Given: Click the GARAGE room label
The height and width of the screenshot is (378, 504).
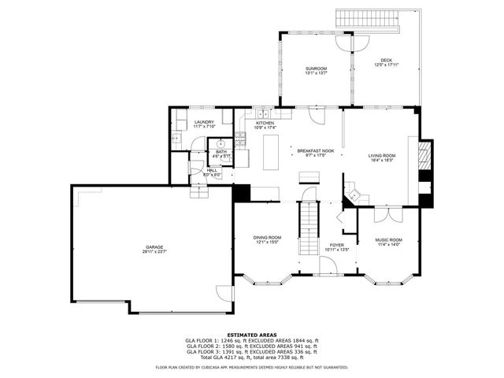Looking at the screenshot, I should (x=153, y=246).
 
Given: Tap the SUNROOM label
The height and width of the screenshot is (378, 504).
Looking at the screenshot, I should (x=317, y=69).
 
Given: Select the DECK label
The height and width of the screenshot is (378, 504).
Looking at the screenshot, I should (x=386, y=60).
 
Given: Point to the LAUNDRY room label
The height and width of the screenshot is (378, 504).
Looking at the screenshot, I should (x=205, y=122).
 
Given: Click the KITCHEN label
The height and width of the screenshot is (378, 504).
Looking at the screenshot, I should (x=265, y=124).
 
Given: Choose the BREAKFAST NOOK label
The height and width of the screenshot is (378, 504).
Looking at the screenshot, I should (x=315, y=150).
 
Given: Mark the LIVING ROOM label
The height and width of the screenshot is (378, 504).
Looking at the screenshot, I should (x=382, y=155).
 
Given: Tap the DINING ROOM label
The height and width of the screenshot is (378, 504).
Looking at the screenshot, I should (x=267, y=237).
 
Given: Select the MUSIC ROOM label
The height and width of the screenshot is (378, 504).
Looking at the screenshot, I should (x=388, y=239).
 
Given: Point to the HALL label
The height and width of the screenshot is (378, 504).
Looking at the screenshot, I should (x=212, y=169).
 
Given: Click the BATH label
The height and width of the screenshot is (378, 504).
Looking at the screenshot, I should (x=221, y=151).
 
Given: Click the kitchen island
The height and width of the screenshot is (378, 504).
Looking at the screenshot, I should (x=271, y=150).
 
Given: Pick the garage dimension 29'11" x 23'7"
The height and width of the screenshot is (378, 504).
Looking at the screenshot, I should (x=153, y=251).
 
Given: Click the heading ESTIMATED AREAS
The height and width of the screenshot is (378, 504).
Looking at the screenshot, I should (x=251, y=335).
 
